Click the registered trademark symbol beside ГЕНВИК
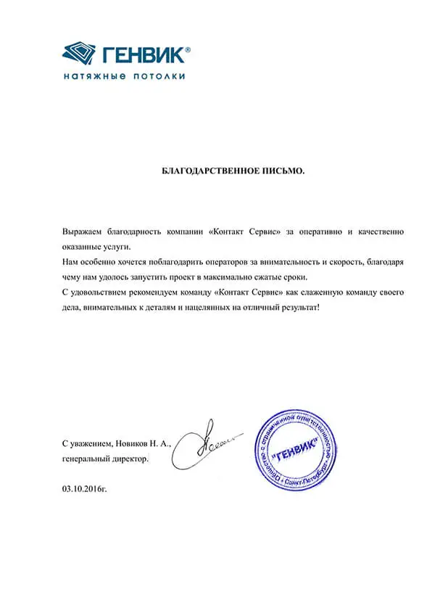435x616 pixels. coord(188,49)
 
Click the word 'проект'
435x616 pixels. coord(195,277)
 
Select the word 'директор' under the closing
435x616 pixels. coord(128,459)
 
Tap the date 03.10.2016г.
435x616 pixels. coord(84,490)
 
